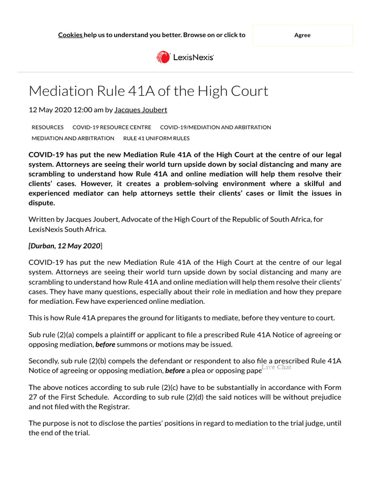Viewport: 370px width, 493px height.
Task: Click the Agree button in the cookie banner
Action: point(302,35)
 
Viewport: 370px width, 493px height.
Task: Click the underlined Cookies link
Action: point(70,35)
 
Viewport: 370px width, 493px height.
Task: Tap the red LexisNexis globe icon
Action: point(163,57)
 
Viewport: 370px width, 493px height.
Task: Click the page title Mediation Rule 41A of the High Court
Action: point(148,91)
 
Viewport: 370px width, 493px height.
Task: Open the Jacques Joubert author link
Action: point(141,110)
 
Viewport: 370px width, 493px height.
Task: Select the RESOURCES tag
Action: point(48,128)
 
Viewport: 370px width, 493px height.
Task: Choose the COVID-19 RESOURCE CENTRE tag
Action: point(112,128)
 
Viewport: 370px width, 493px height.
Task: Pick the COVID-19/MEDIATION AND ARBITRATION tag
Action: point(215,128)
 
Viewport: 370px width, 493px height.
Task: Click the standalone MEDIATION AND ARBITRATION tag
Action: point(73,138)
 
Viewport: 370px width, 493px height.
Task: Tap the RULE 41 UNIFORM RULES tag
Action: point(157,138)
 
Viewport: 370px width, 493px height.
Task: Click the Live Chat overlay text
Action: point(277,367)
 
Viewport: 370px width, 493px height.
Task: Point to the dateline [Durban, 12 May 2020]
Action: point(65,246)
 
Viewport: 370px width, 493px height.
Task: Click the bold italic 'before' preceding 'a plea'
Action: point(175,371)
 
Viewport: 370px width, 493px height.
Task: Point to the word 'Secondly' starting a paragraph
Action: point(44,361)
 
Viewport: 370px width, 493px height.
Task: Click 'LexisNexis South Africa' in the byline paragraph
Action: point(67,229)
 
